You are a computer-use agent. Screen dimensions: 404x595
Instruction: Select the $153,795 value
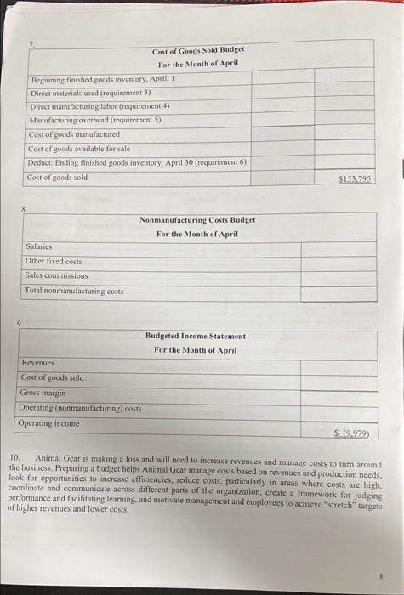coord(355,178)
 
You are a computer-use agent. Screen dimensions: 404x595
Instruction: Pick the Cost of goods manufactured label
coord(68,134)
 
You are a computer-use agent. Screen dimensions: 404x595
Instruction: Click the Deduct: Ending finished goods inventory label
coord(136,162)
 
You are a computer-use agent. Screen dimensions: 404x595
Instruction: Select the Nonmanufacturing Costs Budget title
coord(197,220)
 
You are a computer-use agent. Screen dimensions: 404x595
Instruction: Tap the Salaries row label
coord(38,247)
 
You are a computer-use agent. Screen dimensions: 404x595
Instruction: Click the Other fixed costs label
coord(54,262)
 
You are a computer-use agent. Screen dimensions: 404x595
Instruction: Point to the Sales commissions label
coord(56,276)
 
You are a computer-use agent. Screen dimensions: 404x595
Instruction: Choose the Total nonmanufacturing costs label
coord(74,291)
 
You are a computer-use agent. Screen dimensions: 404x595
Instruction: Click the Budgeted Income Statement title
coord(195,337)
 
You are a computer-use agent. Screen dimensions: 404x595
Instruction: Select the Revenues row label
coord(38,363)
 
